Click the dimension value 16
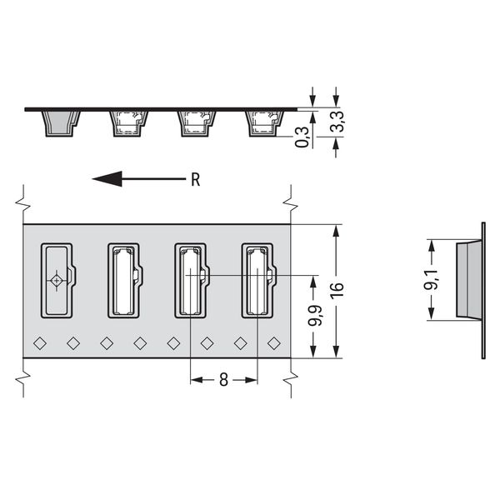[x=337, y=290]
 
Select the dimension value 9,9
[x=314, y=315]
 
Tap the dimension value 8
[x=224, y=380]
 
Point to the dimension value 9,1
[x=431, y=280]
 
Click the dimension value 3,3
[x=337, y=121]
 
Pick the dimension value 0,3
[x=302, y=137]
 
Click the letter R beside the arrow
[x=196, y=179]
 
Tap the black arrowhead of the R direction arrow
[x=107, y=179]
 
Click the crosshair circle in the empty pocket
[x=57, y=281]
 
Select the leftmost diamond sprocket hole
[x=40, y=343]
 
